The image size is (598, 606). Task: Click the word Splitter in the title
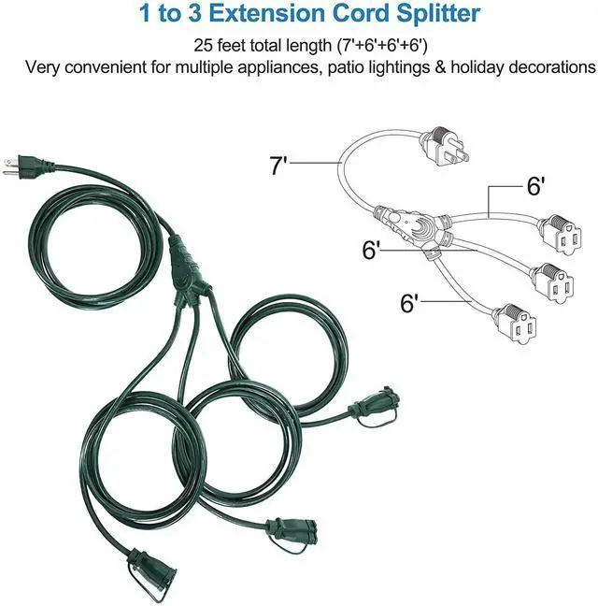click(x=434, y=15)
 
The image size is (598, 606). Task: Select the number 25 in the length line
click(x=203, y=45)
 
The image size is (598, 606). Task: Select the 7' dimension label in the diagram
click(x=278, y=168)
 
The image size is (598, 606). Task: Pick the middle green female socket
click(x=285, y=530)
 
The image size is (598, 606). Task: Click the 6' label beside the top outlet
click(x=535, y=187)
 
